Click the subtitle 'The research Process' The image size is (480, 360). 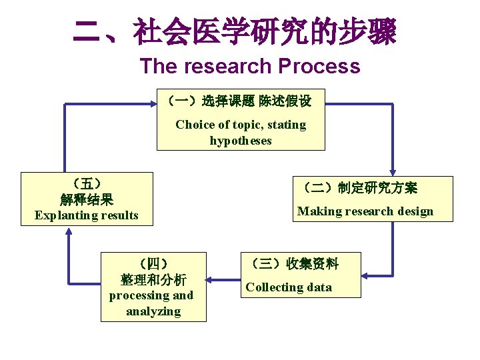pyautogui.click(x=250, y=67)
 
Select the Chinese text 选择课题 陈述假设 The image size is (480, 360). pyautogui.click(x=256, y=101)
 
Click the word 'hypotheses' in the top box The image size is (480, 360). pyautogui.click(x=241, y=141)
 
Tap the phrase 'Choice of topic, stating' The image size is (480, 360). pyautogui.click(x=241, y=125)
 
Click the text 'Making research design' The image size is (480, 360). pyautogui.click(x=365, y=211)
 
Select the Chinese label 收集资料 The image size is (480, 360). pyautogui.click(x=313, y=264)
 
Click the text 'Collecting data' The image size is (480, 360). pyautogui.click(x=289, y=287)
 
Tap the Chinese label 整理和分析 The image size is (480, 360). pyautogui.click(x=153, y=279)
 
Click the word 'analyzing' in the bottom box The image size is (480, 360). pyautogui.click(x=153, y=311)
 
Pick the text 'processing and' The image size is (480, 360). pyautogui.click(x=151, y=295)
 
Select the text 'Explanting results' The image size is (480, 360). pyautogui.click(x=87, y=215)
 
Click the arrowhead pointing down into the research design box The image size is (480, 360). pyautogui.click(x=392, y=171)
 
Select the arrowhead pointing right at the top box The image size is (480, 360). pyautogui.click(x=152, y=104)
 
